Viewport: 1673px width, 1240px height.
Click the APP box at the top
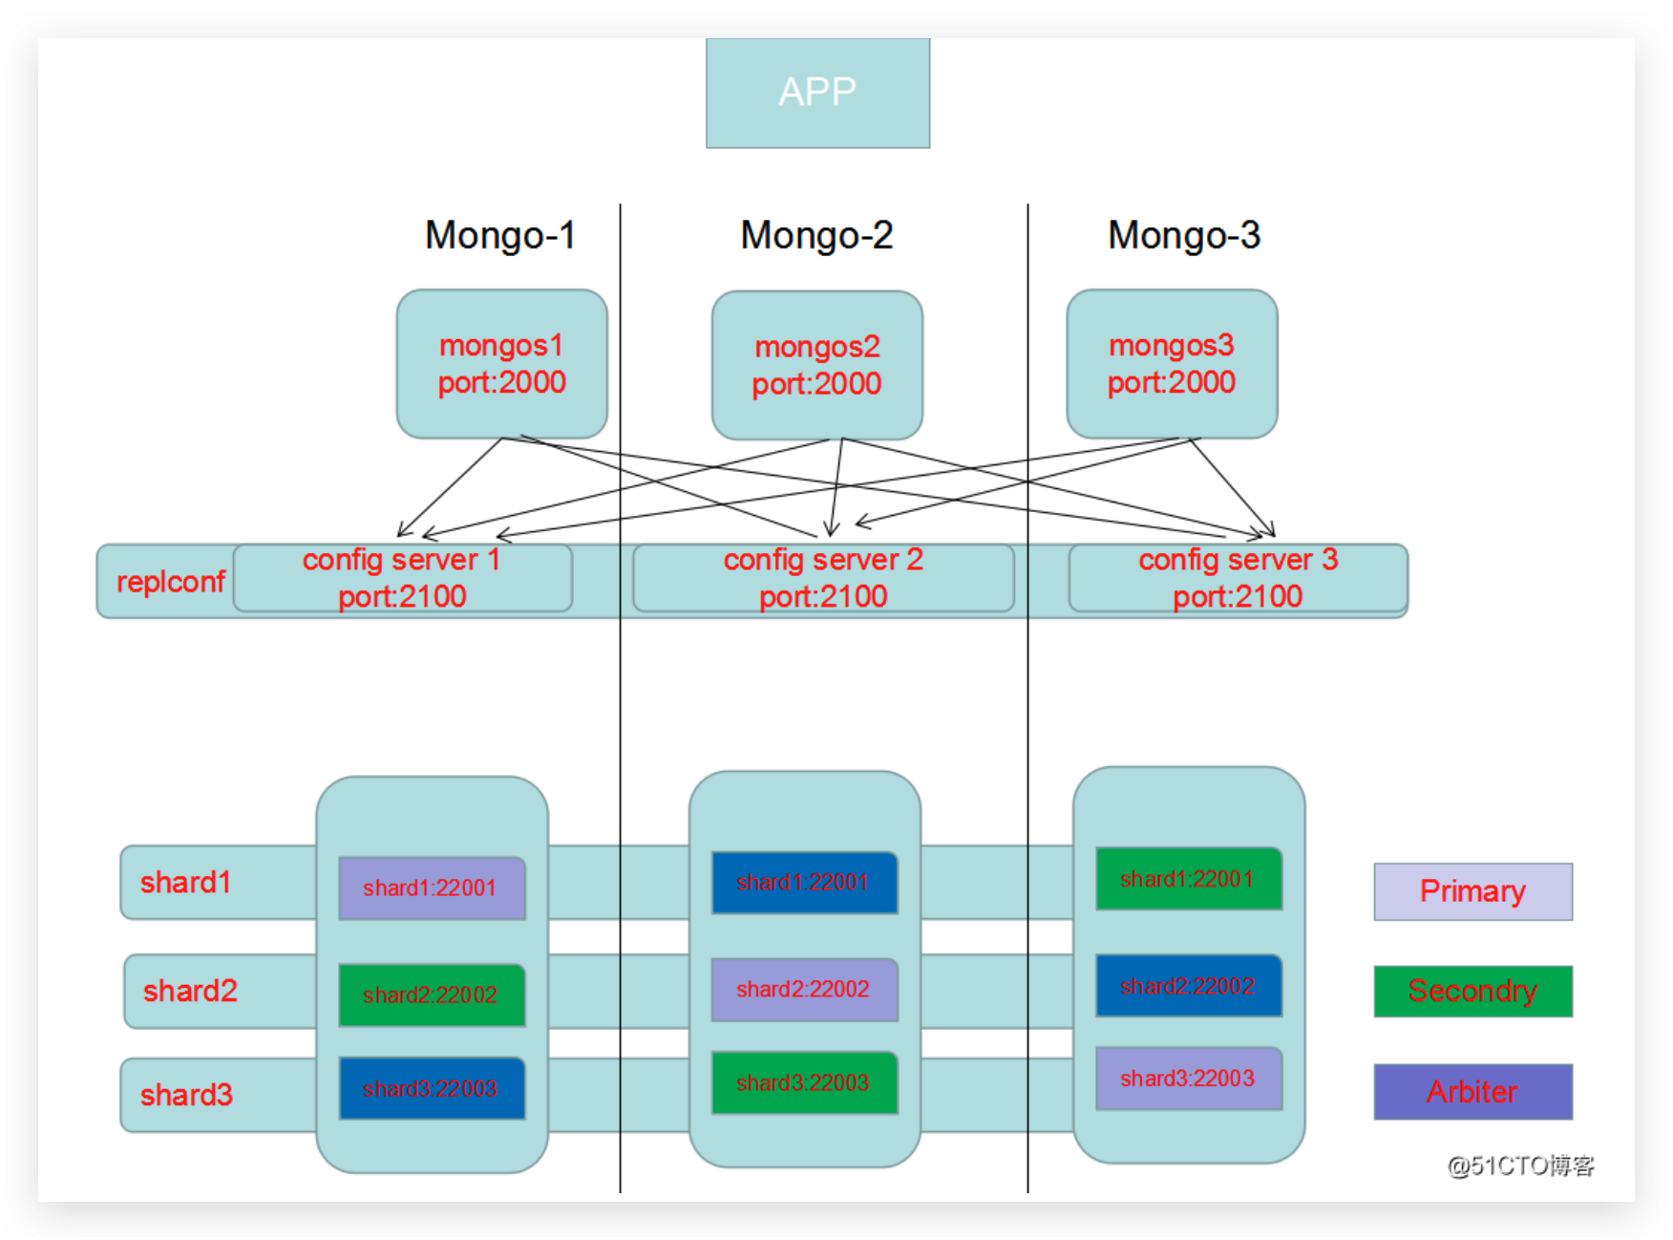(817, 93)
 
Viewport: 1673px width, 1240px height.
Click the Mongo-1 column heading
(499, 235)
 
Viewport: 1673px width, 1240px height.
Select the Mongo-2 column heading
(816, 235)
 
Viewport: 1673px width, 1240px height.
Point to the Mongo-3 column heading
(1183, 235)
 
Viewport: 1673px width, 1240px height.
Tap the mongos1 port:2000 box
(501, 364)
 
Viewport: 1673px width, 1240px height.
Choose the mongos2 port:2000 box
(816, 365)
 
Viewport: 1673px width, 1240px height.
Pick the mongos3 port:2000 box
(1172, 364)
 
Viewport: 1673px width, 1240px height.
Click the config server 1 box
(402, 578)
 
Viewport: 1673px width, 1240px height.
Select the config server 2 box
(823, 578)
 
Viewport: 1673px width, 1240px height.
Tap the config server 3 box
(1238, 578)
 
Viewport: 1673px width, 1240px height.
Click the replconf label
(170, 581)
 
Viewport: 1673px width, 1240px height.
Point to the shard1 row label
(186, 882)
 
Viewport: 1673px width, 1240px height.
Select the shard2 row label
(190, 991)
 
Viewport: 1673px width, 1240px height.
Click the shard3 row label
(186, 1094)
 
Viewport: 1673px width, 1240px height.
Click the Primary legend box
(1472, 891)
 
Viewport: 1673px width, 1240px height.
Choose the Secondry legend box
(1472, 991)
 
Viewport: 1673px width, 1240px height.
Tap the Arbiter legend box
(1472, 1091)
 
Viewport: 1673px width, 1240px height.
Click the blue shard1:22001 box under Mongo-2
(804, 882)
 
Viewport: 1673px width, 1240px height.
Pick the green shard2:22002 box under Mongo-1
(432, 994)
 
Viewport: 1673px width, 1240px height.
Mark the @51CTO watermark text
(1520, 1165)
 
